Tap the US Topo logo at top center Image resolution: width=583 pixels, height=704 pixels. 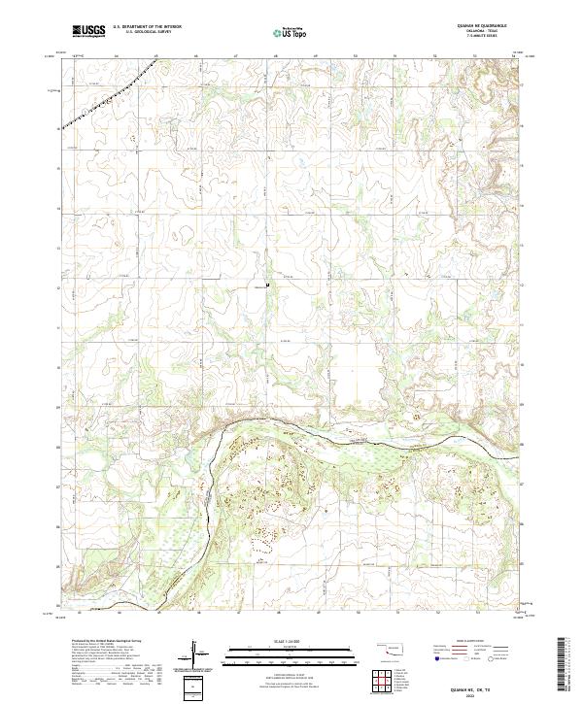[x=291, y=32]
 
